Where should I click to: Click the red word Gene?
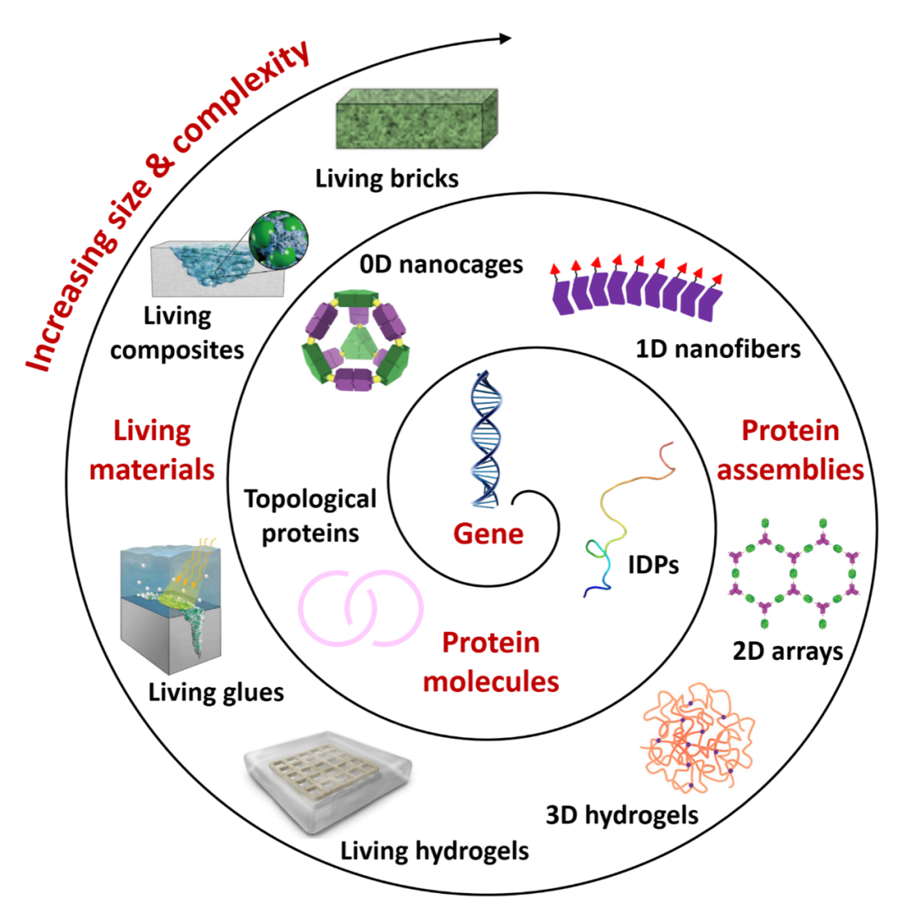[x=488, y=534]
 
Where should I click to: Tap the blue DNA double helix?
[x=483, y=441]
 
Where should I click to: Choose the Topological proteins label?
[x=310, y=515]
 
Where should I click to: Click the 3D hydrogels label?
[x=623, y=816]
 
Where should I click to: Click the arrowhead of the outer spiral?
[x=506, y=38]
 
